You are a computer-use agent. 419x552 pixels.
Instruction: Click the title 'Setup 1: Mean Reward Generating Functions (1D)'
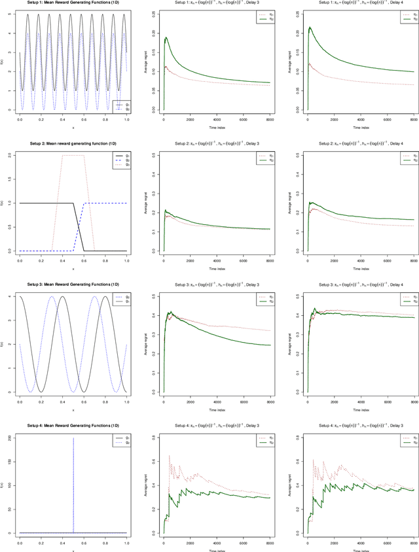click(x=72, y=3)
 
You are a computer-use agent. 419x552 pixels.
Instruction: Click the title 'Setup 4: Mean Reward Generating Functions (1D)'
click(x=72, y=422)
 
